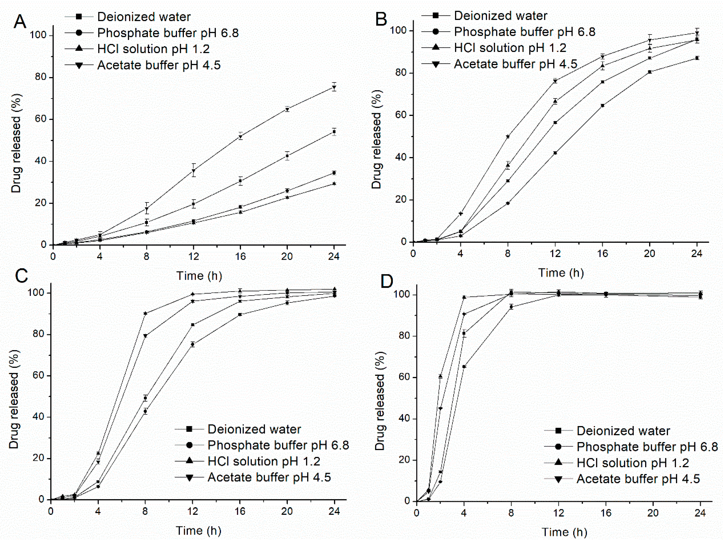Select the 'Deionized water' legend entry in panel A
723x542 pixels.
tap(144, 17)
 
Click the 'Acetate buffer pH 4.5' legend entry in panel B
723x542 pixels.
tap(515, 64)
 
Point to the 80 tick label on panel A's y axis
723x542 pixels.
tap(41, 77)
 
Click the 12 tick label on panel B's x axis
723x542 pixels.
tap(555, 254)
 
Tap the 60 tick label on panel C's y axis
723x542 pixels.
tap(38, 376)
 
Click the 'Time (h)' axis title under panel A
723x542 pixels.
tap(199, 276)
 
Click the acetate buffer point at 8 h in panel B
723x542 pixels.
tap(508, 137)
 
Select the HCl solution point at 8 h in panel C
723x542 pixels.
tap(145, 313)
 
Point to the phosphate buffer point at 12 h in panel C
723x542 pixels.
tap(192, 344)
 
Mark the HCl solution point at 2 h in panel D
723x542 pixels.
tap(440, 376)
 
